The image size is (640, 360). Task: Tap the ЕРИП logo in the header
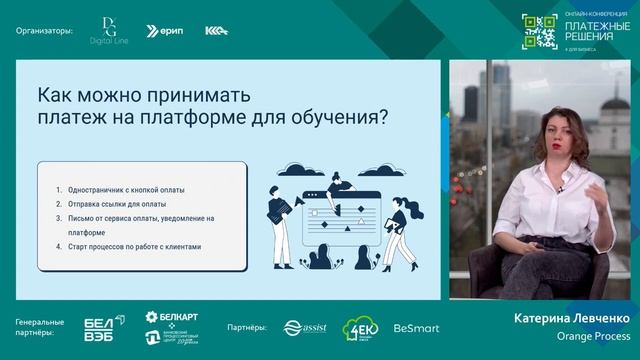coord(165,31)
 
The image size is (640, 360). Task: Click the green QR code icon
coord(538,30)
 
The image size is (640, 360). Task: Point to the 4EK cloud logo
coord(359,328)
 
